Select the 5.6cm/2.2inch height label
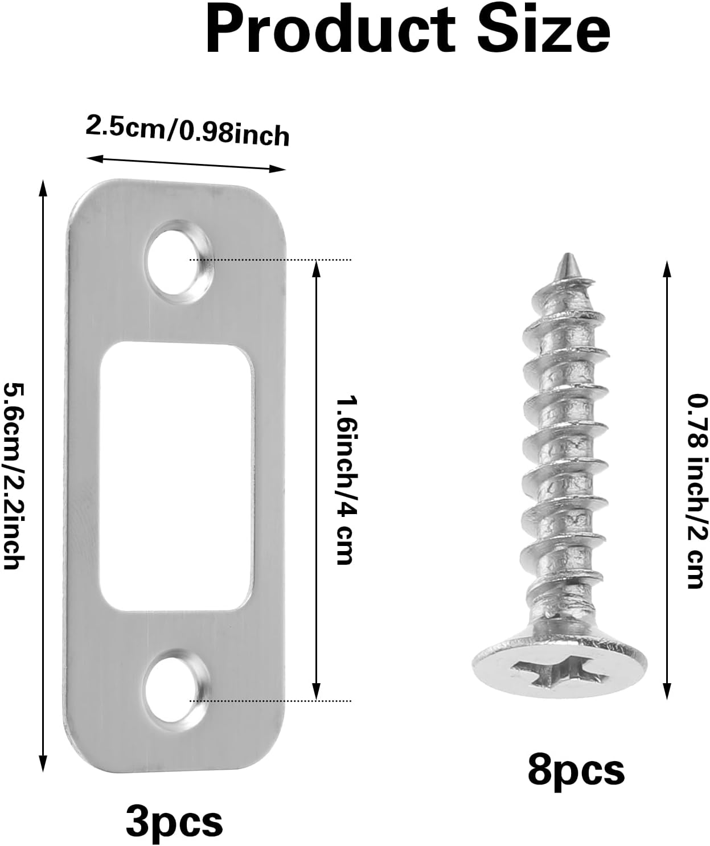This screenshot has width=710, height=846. click(14, 475)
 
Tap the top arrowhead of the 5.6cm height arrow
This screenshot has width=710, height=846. click(42, 184)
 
